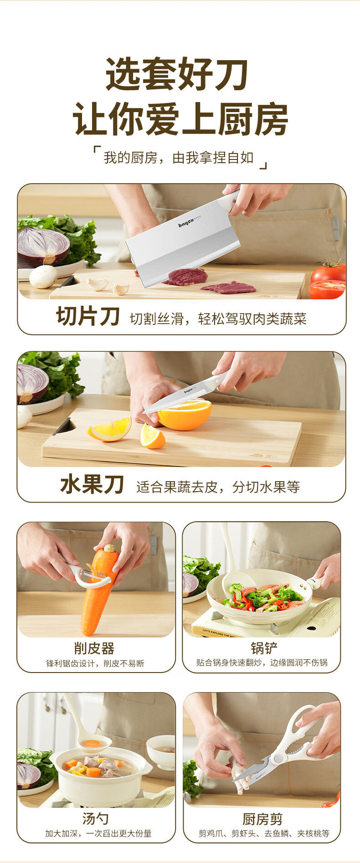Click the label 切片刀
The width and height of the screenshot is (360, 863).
[x=88, y=316]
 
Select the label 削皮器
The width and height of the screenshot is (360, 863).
[x=94, y=648]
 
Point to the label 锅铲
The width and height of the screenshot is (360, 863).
[x=264, y=648]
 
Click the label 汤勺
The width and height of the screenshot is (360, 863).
[x=96, y=819]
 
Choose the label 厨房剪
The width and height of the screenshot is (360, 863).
[x=262, y=819]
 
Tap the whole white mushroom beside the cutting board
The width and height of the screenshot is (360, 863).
[x=43, y=277]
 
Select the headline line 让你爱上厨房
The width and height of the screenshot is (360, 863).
[x=180, y=118]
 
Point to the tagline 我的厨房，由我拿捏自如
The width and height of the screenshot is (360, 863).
[x=179, y=158]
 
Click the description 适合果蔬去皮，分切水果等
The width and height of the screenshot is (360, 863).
[x=218, y=487]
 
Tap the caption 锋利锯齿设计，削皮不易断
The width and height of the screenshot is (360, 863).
[x=95, y=663]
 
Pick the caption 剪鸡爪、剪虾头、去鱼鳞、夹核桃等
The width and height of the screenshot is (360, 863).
[x=264, y=833]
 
